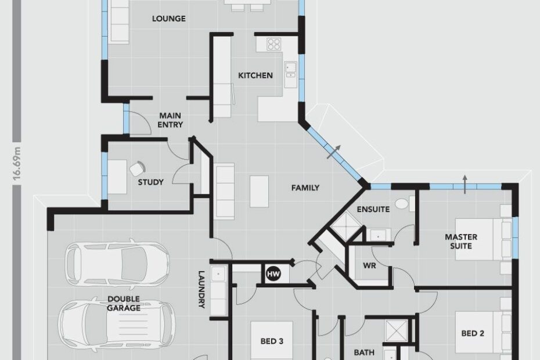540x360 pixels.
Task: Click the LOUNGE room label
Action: tap(169, 19)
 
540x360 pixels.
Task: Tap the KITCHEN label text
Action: tap(255, 75)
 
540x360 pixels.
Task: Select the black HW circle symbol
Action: tap(273, 274)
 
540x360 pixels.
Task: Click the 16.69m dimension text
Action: tap(17, 163)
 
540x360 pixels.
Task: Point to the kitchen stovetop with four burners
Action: tap(274, 44)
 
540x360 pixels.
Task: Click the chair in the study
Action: tap(138, 168)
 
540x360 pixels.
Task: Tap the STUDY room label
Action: tap(151, 182)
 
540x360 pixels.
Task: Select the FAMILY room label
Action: tap(305, 188)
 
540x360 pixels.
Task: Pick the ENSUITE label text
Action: tap(373, 210)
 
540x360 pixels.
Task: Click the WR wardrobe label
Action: tap(369, 266)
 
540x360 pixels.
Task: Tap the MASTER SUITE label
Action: tap(461, 242)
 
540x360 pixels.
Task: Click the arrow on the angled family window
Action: tap(334, 152)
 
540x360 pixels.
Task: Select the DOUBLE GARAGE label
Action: tap(124, 304)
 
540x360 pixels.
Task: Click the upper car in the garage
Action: tap(117, 264)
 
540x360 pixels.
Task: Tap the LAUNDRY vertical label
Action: tap(201, 289)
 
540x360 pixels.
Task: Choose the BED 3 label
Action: tap(272, 341)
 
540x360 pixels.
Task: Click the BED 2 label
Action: tap(473, 333)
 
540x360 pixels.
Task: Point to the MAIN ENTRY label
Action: tap(170, 120)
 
